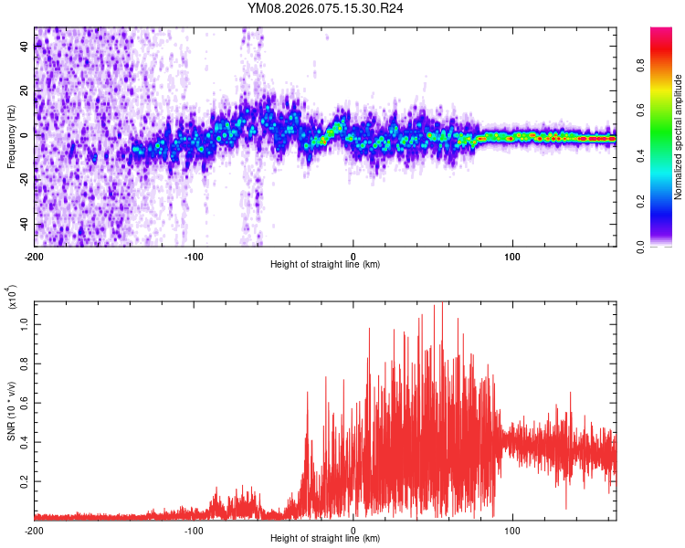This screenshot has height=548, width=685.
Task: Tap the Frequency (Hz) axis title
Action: (11, 137)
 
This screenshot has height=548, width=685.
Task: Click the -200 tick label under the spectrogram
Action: (35, 256)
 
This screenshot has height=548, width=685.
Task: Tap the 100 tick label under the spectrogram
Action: (512, 256)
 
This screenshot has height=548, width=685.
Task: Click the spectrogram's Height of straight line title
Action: (325, 265)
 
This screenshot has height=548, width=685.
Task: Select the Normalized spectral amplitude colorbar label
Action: (679, 137)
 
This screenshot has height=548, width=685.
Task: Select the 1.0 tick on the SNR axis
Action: (25, 323)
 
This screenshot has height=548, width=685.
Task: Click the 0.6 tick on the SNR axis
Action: (25, 402)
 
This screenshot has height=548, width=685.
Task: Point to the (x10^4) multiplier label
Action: (12, 298)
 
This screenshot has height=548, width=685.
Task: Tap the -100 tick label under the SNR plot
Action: (194, 530)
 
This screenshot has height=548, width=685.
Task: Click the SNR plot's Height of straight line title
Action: (325, 539)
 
